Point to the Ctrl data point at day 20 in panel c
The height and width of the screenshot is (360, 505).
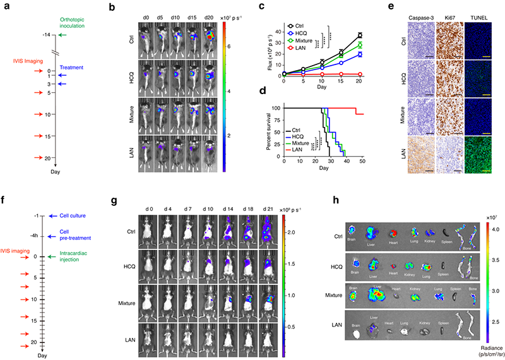[x=360, y=35]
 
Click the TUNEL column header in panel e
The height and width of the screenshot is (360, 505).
[x=480, y=9]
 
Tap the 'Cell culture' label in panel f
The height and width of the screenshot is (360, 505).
[x=73, y=216]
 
